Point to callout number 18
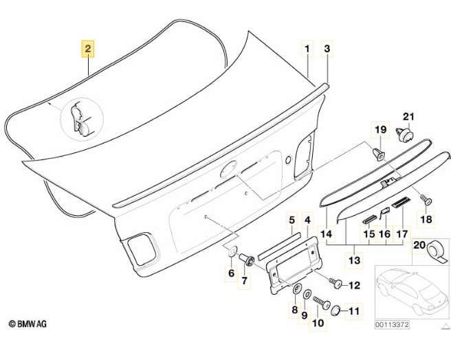[426, 219]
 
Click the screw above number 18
[426, 199]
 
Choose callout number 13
[354, 261]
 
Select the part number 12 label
[355, 285]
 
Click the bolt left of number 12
[335, 282]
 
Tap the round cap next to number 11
[337, 310]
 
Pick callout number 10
[318, 322]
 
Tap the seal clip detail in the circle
[81, 117]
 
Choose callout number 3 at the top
[327, 49]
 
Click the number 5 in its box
[291, 221]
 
